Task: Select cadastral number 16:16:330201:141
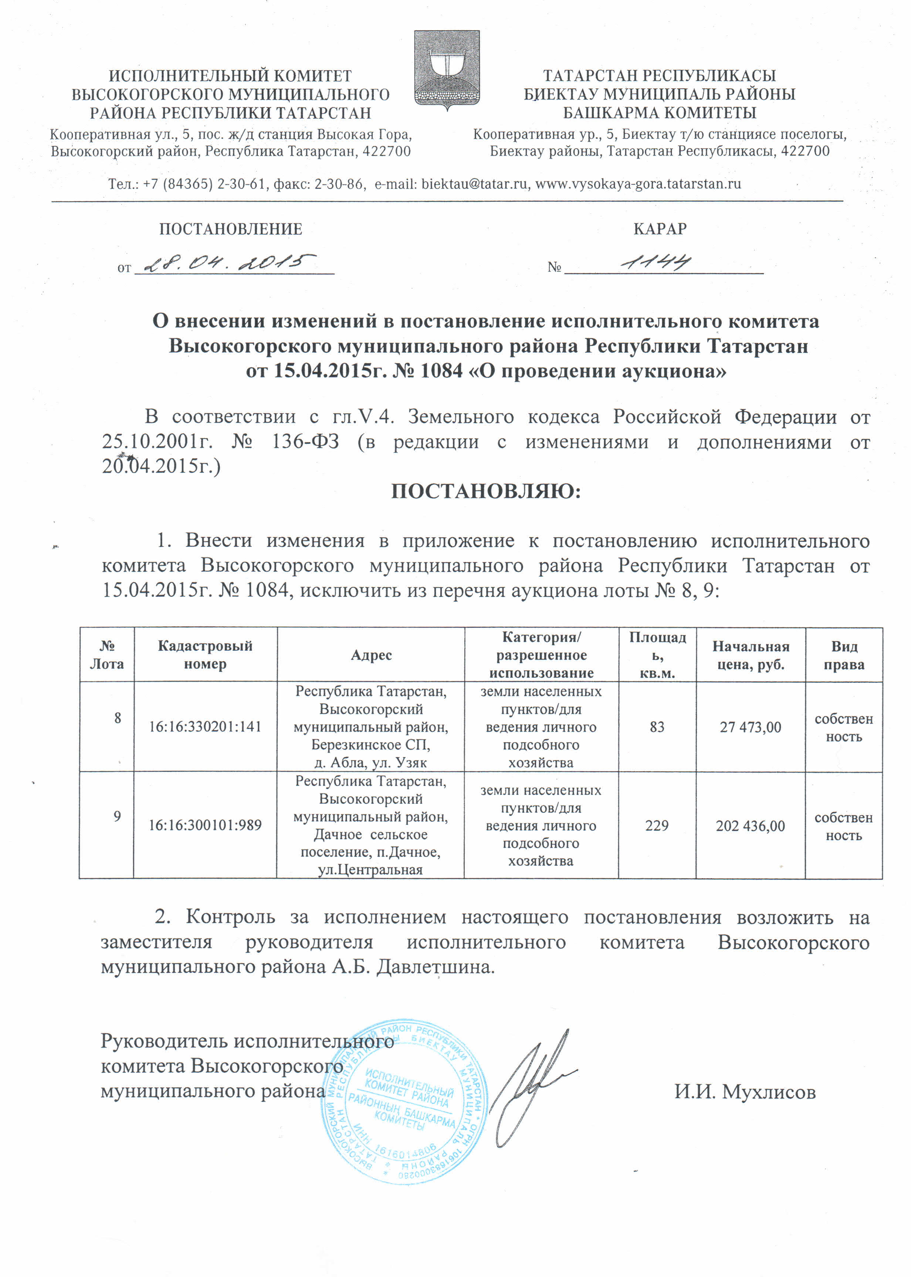[205, 727]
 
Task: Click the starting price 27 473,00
[750, 728]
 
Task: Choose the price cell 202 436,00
[750, 826]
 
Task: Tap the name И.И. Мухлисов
[745, 1092]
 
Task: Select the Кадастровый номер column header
[205, 655]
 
